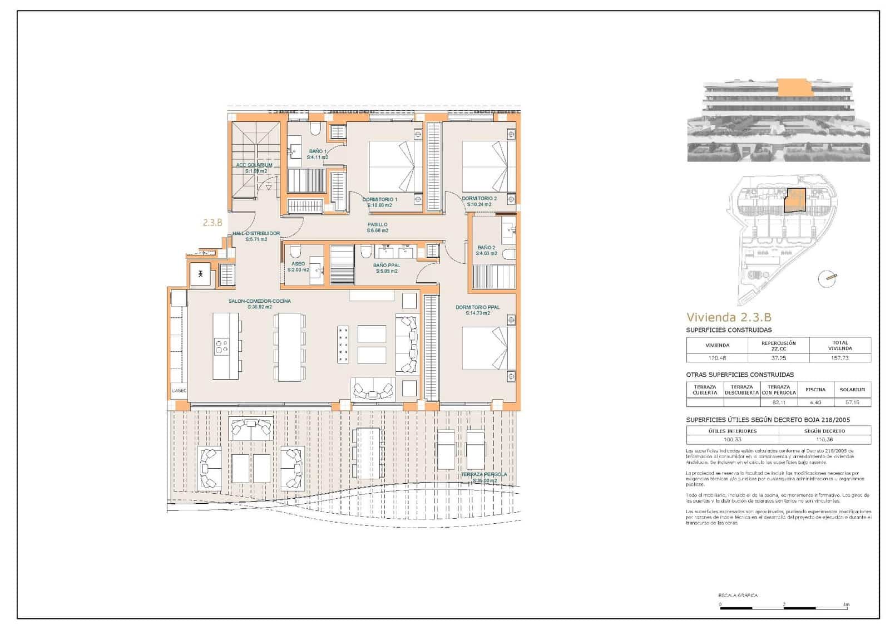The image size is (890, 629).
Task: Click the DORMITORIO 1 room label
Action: point(380,199)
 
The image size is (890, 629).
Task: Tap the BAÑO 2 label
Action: point(486,248)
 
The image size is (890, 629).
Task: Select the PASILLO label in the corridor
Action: point(377,225)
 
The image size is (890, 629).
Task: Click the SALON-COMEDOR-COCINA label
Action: point(259,301)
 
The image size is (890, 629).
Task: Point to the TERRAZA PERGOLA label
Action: point(483,475)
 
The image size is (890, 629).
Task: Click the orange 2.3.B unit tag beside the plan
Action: point(212,223)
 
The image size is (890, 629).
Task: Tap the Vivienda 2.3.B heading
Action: point(729,318)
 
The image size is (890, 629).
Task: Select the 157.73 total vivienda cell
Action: point(839,358)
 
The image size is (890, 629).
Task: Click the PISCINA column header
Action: point(815,390)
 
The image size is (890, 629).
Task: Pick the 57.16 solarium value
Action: point(852,402)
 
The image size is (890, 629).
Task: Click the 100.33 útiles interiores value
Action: point(732,439)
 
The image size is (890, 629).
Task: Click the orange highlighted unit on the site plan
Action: point(795,202)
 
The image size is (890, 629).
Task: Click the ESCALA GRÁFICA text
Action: point(738,596)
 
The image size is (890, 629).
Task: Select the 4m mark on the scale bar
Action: point(845,605)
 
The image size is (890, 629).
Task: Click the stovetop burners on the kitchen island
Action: point(221,347)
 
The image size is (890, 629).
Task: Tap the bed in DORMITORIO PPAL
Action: point(484,348)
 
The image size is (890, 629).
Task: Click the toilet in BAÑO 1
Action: point(315,130)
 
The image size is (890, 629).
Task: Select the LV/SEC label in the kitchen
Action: point(179,391)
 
